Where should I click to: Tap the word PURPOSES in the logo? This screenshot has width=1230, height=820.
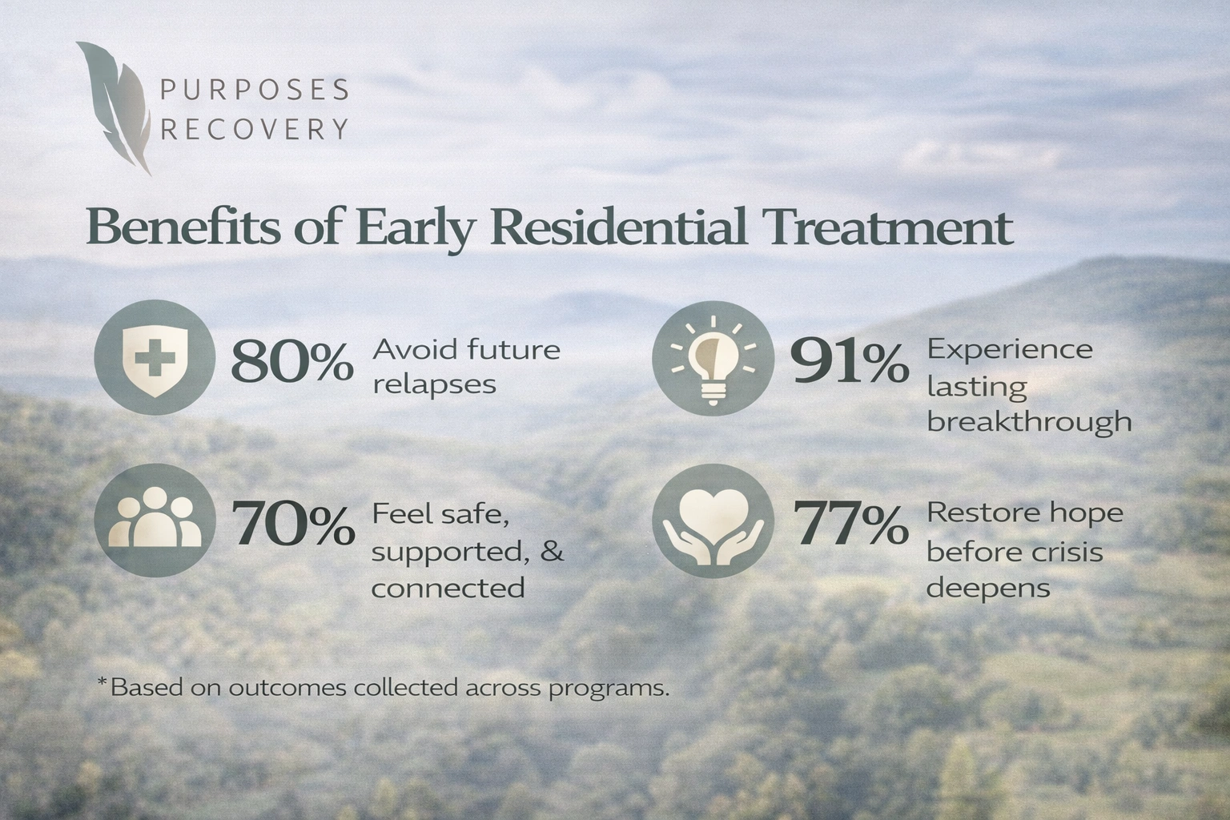coord(255,90)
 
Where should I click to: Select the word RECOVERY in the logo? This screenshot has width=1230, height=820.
coord(255,129)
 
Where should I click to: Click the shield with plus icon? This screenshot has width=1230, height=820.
coord(154,356)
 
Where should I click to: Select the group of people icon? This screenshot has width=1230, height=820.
coord(154,521)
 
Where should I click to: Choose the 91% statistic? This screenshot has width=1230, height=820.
coord(850,363)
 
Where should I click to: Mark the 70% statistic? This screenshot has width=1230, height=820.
coord(292,525)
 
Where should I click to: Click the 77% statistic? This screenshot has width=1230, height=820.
coord(850,525)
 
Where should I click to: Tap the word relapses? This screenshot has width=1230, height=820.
coord(435,385)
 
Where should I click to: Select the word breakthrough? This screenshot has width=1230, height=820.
coord(1029,422)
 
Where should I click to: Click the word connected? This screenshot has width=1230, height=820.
coord(448,589)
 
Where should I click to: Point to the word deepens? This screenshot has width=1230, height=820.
coord(988,589)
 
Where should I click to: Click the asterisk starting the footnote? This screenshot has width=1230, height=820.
coord(102,683)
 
